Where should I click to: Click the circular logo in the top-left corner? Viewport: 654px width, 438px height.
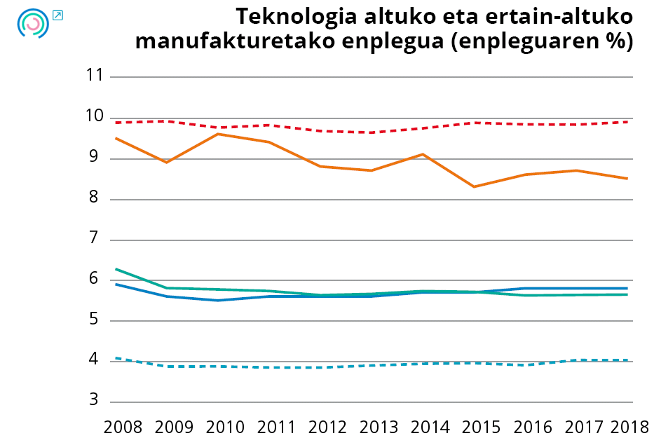32,23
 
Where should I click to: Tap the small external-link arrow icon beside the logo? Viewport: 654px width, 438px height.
57,15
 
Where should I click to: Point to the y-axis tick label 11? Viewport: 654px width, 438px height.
94,76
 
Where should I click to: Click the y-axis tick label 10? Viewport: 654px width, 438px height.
94,117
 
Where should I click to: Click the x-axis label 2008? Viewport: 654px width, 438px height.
123,427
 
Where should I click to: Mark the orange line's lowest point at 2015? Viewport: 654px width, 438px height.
474,186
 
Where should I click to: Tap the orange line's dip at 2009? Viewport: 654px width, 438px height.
167,162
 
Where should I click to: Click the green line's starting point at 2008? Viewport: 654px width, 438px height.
116,269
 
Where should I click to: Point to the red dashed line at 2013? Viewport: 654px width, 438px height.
372,132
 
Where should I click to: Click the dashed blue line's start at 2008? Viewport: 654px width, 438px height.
116,358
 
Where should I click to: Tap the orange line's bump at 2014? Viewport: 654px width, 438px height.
423,154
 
